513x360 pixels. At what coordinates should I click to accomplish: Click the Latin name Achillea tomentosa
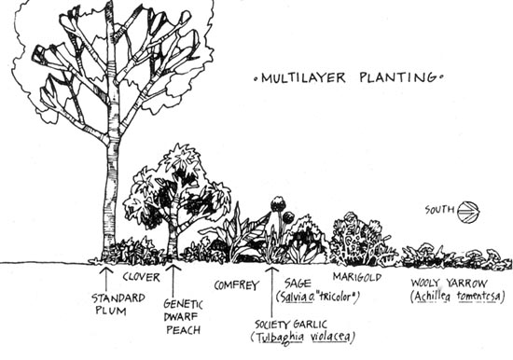coord(456,296)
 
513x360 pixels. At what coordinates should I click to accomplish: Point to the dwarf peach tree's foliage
coord(177,187)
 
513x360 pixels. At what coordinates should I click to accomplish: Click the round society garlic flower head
coord(278,203)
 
